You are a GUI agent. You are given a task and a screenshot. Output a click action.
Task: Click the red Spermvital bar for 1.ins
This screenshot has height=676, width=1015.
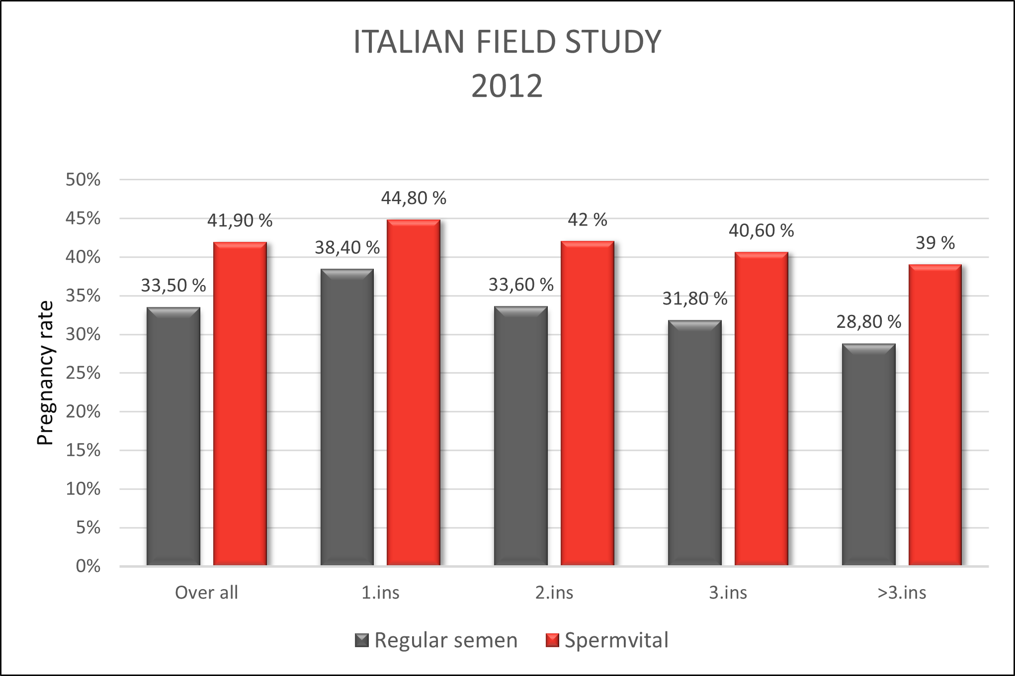[414, 392]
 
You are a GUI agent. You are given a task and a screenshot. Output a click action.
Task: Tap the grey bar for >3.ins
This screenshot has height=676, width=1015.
[868, 454]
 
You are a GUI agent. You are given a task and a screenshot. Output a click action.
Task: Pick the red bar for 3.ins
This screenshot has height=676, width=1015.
[761, 408]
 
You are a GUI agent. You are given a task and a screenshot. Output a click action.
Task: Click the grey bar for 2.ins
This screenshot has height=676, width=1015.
[520, 436]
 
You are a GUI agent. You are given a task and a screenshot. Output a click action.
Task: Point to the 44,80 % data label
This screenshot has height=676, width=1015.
[414, 198]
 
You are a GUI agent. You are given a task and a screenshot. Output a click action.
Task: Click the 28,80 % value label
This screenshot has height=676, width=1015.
[868, 322]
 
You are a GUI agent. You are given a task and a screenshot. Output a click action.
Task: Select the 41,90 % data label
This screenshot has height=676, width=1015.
[240, 221]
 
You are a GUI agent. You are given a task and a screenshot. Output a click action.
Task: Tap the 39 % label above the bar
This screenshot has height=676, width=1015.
[935, 243]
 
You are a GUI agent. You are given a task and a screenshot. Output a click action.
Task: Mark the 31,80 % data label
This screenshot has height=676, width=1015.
[694, 299]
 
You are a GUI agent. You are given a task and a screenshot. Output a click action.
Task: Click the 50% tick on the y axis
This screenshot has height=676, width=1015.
[83, 179]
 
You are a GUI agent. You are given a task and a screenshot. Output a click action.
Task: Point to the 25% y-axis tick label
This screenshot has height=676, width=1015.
[83, 373]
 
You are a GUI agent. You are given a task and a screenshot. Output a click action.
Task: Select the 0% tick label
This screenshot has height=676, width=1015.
[88, 566]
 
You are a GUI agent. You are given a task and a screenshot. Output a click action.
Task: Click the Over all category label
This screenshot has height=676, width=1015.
[206, 593]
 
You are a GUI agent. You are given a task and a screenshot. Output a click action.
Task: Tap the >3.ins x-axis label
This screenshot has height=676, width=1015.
[902, 593]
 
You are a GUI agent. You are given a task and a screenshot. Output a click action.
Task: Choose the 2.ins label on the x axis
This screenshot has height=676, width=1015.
[554, 593]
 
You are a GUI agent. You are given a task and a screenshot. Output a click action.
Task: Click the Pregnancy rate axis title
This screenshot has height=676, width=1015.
[45, 373]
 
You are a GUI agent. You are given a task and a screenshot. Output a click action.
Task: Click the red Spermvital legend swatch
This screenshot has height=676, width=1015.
[552, 640]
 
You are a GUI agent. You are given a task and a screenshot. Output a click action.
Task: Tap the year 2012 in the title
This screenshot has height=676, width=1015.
[507, 86]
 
